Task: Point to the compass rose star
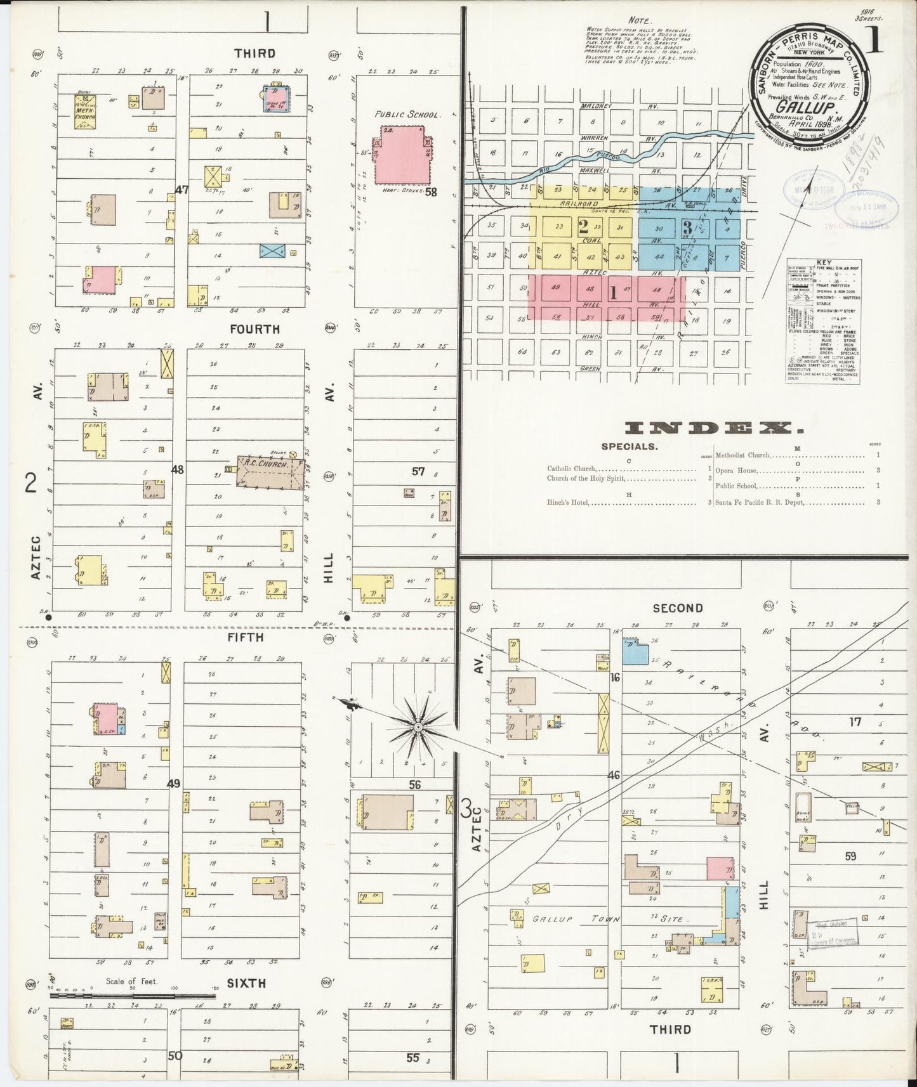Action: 418,726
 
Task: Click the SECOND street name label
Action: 678,608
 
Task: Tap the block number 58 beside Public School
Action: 432,191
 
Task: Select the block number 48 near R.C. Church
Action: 178,470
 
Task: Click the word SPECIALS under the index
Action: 629,446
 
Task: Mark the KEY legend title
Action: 824,262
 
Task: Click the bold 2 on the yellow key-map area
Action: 583,227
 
